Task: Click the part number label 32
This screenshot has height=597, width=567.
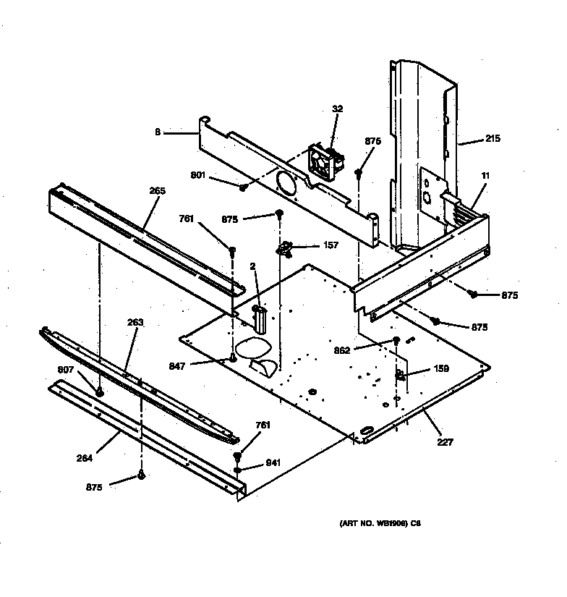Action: [338, 109]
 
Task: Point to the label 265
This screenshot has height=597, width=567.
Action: [158, 191]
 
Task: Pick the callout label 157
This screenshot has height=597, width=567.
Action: [330, 245]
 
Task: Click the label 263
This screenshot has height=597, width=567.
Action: [135, 323]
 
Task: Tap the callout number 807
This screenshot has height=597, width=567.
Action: [66, 371]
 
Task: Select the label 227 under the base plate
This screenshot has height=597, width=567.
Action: [445, 442]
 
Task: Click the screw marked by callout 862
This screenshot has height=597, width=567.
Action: [396, 341]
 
